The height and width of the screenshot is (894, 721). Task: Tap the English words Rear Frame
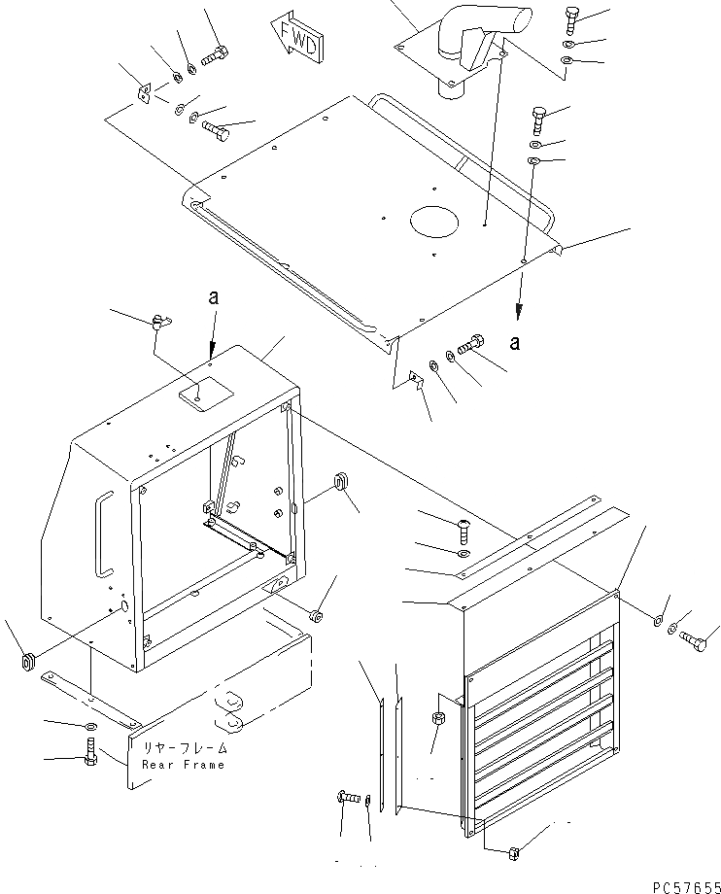coord(183,765)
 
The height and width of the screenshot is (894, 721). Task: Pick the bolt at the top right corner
coord(571,19)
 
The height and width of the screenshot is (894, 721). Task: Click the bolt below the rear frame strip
coord(89,752)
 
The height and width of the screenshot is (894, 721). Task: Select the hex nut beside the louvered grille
coord(437,720)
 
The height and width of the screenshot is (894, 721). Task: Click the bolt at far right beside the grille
coord(696,639)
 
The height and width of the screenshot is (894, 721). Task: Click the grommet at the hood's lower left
coord(27,663)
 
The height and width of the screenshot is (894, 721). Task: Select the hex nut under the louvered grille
coord(514,853)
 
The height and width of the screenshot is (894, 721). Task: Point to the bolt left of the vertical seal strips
coord(348,796)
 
